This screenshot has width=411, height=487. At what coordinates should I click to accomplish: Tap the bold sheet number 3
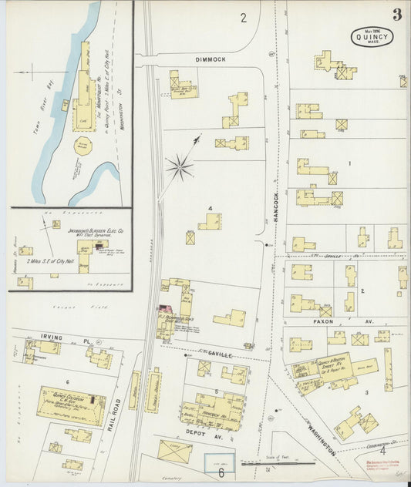click(396, 15)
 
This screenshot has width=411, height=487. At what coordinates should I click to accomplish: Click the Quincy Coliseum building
click(71, 405)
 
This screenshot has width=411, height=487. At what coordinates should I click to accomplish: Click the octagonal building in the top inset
click(83, 145)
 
